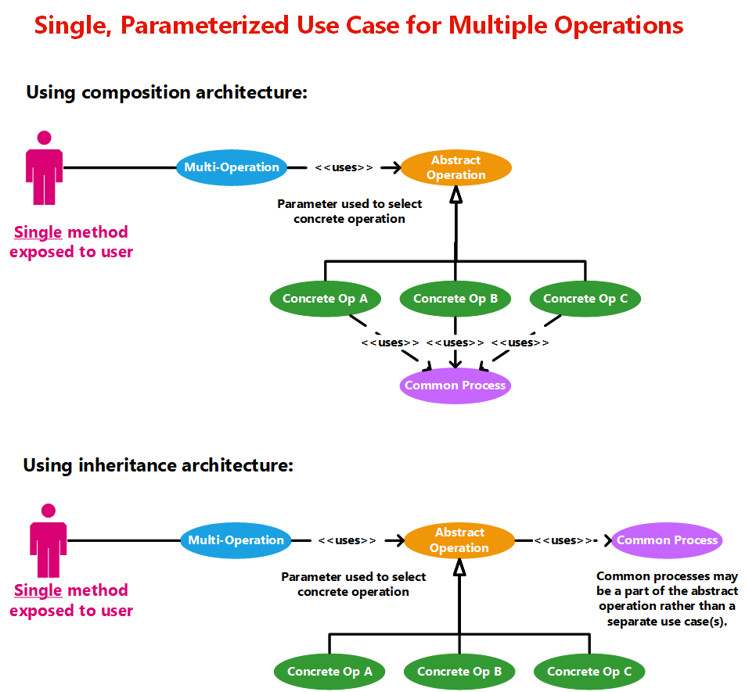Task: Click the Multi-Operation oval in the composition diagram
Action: [x=232, y=167]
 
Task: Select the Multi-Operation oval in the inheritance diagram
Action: [x=236, y=540]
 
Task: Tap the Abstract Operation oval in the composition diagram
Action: [x=456, y=167]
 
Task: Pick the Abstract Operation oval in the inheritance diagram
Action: [x=459, y=540]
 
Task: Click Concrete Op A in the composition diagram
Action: [x=325, y=299]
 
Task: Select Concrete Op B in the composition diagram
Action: [x=456, y=299]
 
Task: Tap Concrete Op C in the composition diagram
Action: [x=585, y=299]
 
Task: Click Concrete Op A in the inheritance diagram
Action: [x=329, y=672]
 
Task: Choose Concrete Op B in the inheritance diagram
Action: [x=459, y=672]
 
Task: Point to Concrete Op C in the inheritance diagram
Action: [x=589, y=672]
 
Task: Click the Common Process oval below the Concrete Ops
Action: [x=456, y=385]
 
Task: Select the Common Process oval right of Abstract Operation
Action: [x=667, y=540]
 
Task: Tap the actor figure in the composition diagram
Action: [x=45, y=167]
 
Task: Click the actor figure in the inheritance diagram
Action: [x=49, y=540]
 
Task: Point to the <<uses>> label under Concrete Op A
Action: [x=390, y=342]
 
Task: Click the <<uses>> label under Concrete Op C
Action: [x=520, y=342]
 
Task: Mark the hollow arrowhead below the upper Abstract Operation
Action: [x=456, y=195]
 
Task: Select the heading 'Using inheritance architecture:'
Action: [x=158, y=466]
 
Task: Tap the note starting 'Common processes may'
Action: [x=667, y=599]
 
